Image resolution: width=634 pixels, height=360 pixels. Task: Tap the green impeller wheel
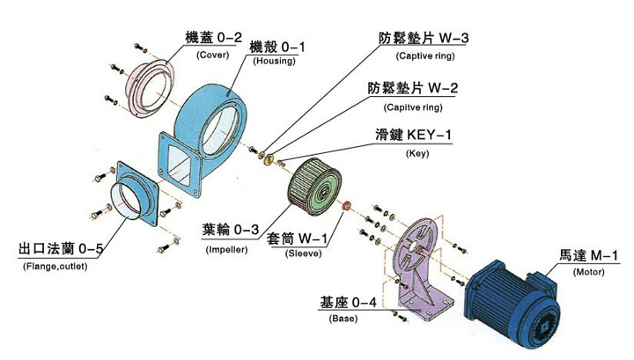pos(314,187)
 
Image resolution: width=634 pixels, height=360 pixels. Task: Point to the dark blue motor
pos(513,299)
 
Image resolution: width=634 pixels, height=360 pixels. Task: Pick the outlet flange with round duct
pos(134,194)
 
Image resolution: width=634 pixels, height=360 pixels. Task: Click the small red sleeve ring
pos(347,206)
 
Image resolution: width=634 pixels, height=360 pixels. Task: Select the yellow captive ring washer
pos(268,159)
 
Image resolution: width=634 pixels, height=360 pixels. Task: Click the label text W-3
pos(453,38)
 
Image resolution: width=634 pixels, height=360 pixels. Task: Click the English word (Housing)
pos(274,61)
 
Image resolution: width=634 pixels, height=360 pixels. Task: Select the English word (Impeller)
pos(226,249)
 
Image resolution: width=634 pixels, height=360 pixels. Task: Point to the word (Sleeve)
pos(303,253)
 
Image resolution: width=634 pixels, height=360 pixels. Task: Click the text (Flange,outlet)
pos(55,267)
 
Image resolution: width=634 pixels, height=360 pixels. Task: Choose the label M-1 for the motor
pos(604,255)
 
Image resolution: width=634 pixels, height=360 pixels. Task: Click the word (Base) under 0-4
pos(343,319)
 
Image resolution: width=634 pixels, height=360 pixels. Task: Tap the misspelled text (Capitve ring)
pos(413,107)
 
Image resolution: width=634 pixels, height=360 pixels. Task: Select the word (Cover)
pos(213,55)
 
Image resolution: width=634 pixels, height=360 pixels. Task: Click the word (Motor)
pos(589,272)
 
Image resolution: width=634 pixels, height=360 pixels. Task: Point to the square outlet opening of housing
pos(179,165)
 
